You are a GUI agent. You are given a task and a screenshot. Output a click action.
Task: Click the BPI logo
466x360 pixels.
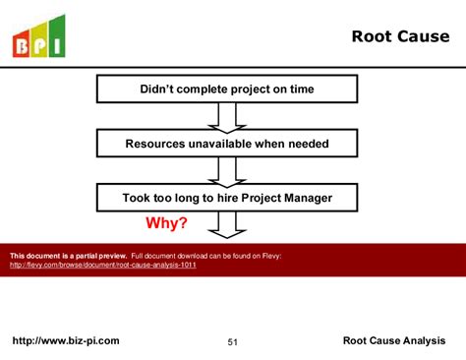pos(38,36)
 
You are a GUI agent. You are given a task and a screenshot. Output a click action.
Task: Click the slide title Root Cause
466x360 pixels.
pos(399,37)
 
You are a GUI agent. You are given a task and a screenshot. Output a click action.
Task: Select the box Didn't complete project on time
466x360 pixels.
pos(226,90)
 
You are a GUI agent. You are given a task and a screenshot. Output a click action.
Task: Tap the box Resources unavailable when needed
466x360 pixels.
pos(226,144)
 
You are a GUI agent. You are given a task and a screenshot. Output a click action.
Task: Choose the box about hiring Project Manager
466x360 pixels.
pos(226,198)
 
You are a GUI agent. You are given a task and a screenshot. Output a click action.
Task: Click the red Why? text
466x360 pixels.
pos(166,223)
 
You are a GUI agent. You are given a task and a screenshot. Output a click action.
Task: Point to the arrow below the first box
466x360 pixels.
pos(227,116)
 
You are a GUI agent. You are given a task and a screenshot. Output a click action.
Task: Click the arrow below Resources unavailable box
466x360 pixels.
pos(227,170)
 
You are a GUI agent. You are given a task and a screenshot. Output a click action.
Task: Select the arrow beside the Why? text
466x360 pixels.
pos(227,225)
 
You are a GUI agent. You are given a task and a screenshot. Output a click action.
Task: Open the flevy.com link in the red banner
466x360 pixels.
pos(103,266)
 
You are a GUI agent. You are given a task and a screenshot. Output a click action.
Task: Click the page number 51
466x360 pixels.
pos(233,342)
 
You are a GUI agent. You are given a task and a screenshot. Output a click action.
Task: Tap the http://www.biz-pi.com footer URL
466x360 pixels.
pos(65,341)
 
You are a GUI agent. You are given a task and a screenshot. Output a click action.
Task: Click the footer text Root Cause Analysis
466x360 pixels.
pos(393,341)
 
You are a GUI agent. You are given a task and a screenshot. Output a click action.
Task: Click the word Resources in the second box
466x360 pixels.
pos(156,144)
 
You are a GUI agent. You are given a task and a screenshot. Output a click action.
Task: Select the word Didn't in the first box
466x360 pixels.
pos(159,90)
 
